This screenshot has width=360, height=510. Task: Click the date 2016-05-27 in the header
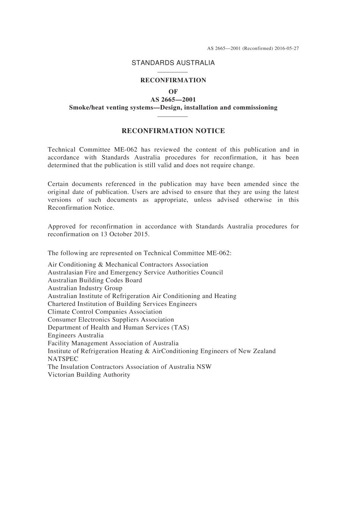point(287,49)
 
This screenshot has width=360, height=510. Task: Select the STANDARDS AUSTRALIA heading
point(173,63)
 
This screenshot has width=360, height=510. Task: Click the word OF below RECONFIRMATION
point(173,91)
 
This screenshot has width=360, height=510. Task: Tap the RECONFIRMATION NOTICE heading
point(173,131)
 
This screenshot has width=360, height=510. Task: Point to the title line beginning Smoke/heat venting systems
point(173,107)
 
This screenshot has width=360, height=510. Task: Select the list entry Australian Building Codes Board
point(95,280)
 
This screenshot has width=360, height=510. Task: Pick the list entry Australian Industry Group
point(85,288)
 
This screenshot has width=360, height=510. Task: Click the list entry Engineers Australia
point(75,335)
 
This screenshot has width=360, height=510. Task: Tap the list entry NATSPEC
point(63,359)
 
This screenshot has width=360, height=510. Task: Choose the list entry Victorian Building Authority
point(89,375)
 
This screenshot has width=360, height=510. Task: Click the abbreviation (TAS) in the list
point(180,328)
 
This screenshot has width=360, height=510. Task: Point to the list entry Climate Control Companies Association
point(105,312)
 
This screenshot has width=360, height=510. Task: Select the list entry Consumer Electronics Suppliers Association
point(111,320)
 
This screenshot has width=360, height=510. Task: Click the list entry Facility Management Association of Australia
point(113,343)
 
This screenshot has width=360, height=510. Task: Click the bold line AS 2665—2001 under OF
point(173,100)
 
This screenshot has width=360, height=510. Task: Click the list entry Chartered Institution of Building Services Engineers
point(122,304)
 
